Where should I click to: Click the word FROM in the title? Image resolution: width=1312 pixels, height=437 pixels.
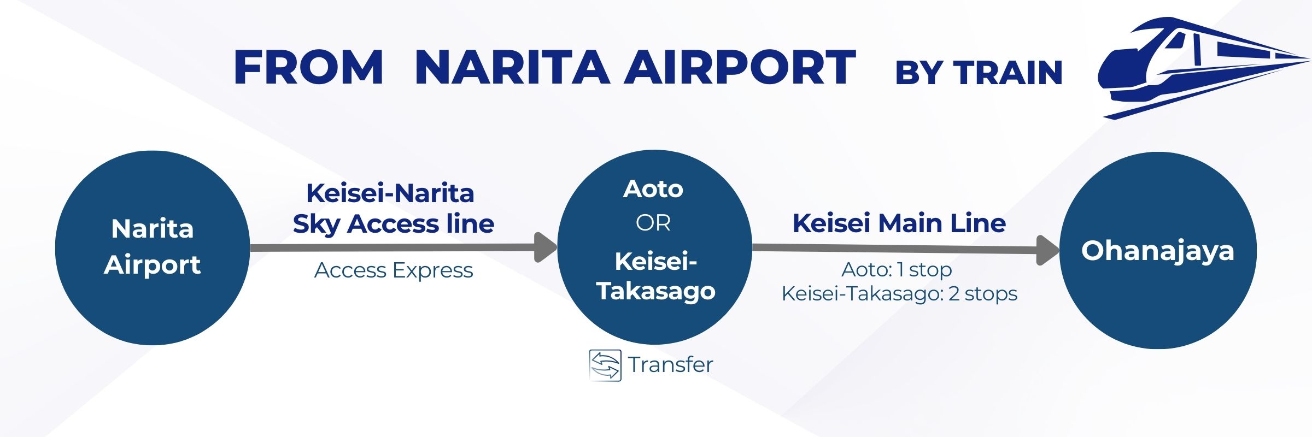pos(308,68)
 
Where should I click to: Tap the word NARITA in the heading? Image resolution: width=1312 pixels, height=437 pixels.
pos(512,68)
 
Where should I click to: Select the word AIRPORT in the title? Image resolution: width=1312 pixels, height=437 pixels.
pos(740,68)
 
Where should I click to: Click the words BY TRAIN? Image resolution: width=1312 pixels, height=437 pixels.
pos(979,73)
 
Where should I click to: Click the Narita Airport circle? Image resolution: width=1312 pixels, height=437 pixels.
pos(153,247)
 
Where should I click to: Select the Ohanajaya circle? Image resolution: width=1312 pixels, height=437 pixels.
pos(1158,250)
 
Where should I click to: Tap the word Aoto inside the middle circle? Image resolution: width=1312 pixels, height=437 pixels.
pos(653,189)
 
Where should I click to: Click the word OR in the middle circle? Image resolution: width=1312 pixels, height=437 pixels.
pos(653,223)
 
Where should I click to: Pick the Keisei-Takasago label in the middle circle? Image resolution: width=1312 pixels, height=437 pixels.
pos(655,276)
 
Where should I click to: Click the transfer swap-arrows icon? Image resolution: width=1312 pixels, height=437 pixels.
pos(605,365)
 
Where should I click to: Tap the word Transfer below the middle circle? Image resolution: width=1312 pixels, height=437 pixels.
pos(670,365)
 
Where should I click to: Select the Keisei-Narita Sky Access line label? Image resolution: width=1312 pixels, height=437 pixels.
pos(393,208)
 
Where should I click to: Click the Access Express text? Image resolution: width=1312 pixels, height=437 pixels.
pos(394,270)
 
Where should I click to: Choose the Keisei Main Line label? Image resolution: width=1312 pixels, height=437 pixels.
pos(899,223)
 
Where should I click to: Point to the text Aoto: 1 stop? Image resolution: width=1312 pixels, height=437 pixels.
pos(897,269)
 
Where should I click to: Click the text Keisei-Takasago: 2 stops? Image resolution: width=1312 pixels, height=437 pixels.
pos(899,294)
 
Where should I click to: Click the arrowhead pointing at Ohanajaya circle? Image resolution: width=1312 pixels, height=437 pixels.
pos(1047,250)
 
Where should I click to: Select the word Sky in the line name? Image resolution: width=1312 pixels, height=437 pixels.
pos(315,225)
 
